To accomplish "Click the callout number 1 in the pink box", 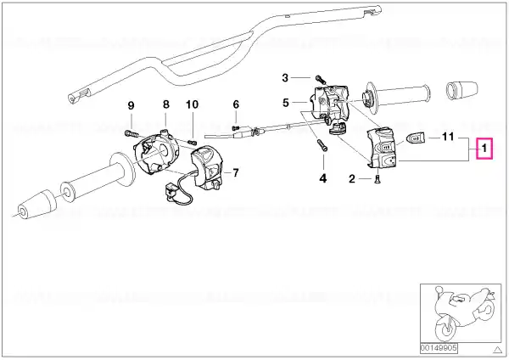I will point(484,149).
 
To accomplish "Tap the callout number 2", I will point(351,179).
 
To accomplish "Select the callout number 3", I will point(285,77).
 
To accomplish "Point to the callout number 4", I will point(322,179).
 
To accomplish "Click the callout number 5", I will point(287,104).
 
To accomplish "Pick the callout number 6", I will point(236,104).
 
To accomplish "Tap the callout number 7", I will point(235,172).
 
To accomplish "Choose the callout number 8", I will point(166,104).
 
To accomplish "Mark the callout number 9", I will point(131,104).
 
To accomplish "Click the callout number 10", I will point(192,104).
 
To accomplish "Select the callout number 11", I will point(450,136).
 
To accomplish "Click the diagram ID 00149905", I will point(439,347).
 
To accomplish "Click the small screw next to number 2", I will point(374,179).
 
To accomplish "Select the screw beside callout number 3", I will point(315,78).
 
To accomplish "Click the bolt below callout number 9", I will point(131,132).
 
